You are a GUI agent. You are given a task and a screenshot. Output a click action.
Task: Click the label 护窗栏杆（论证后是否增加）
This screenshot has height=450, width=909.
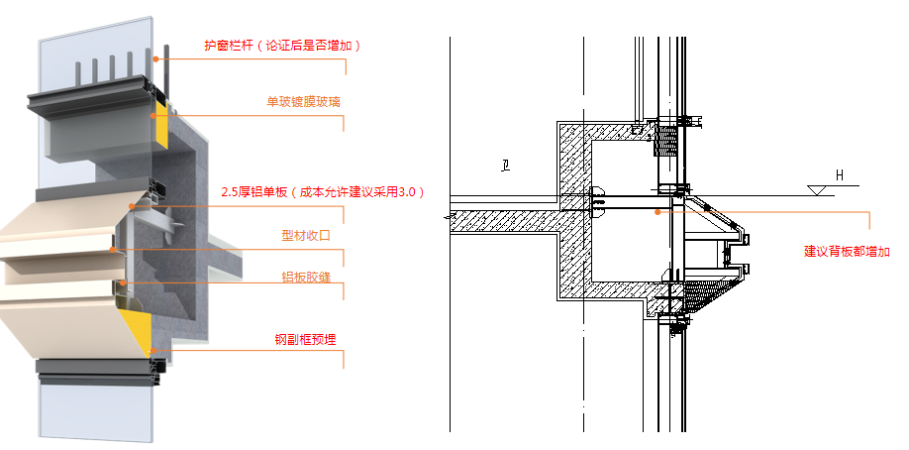click(283, 46)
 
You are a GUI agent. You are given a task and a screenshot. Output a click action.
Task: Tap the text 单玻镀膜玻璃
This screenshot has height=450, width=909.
click(304, 102)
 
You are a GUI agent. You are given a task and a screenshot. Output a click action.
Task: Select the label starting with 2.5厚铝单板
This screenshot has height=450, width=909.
click(323, 191)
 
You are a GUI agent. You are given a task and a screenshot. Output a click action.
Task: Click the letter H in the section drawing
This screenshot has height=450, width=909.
click(840, 176)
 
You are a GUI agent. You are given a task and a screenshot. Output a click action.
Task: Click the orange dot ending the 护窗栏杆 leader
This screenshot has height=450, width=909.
click(155, 58)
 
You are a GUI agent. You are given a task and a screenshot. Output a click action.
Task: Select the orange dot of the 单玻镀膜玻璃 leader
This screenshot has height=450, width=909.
click(152, 116)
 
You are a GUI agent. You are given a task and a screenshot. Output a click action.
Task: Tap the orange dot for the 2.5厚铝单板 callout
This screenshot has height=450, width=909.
click(133, 206)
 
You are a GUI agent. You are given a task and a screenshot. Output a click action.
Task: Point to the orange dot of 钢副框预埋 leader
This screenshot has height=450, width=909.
click(152, 352)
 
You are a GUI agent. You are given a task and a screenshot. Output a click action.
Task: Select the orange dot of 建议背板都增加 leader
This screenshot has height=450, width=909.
click(656, 209)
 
